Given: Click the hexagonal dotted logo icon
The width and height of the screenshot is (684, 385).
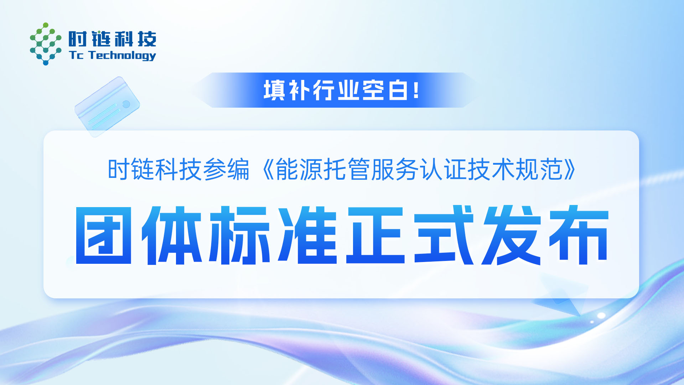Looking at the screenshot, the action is [45, 44].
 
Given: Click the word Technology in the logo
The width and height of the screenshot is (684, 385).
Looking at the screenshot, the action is [122, 56].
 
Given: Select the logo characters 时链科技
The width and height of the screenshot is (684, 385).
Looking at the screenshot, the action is [112, 39].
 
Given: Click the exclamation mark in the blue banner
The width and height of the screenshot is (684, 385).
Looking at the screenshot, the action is [416, 90].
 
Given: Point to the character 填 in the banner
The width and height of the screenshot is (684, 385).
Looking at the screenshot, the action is [274, 90].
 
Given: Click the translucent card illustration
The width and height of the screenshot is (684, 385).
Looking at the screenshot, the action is [107, 107].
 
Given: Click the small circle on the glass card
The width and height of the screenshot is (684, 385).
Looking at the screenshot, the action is [126, 104].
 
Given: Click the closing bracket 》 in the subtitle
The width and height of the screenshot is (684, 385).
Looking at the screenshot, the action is [569, 169].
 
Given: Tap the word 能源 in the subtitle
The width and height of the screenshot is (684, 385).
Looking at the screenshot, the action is [299, 169].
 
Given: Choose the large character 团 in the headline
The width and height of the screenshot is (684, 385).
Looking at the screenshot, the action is [104, 235].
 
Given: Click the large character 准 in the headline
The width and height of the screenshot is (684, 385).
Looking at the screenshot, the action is [307, 235].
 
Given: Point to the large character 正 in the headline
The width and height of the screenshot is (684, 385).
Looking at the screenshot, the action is [375, 235].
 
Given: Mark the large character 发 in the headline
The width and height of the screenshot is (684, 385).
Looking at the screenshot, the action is [512, 235].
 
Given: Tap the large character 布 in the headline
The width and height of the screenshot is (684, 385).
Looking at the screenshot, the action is [579, 235].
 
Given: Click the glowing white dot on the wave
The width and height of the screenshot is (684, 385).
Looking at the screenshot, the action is [601, 315].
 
